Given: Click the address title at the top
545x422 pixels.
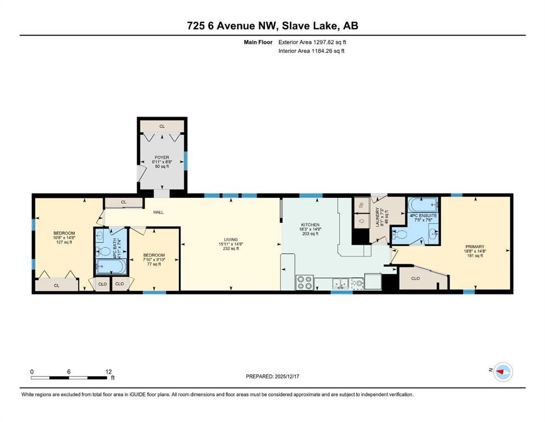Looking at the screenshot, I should (272, 26).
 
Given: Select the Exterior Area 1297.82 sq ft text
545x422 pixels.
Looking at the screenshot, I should (312, 42).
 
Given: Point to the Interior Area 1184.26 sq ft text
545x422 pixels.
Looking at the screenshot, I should (312, 51).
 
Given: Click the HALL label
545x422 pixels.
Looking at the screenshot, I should (158, 212).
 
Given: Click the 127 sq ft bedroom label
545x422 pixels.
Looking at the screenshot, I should (64, 237).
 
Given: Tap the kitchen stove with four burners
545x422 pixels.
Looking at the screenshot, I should (305, 282).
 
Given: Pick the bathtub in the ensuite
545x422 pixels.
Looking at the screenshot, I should (423, 206).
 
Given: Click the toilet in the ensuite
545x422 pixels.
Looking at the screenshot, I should (400, 235).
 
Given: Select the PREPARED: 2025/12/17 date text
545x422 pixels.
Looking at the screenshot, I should (273, 376).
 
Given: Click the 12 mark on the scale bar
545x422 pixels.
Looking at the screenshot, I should (109, 371).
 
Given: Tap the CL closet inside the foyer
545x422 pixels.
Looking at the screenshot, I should (162, 126).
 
